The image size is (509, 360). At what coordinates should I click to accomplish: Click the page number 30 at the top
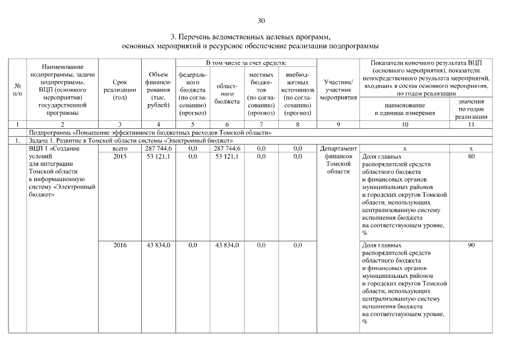coord(261,21)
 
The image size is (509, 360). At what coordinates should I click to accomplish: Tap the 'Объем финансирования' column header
coord(158,90)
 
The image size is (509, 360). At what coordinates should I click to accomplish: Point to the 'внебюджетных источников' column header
coord(298,93)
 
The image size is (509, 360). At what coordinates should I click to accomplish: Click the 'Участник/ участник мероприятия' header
coord(338,90)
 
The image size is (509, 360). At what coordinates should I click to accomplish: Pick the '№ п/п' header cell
coord(18,90)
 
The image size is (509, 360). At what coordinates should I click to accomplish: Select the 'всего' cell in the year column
coord(120,148)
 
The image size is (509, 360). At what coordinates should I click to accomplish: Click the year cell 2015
coord(120,156)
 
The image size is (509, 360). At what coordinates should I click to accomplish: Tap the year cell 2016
coord(120,245)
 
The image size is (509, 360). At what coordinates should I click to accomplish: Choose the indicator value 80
coord(471,156)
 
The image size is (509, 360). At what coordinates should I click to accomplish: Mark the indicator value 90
coord(471,245)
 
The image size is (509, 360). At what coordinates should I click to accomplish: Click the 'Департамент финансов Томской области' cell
coord(338,160)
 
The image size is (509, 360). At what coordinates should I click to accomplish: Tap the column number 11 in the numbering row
coord(471,124)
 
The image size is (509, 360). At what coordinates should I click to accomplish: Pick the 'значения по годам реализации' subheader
coord(471,109)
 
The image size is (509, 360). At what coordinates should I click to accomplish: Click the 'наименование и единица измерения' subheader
coord(404,109)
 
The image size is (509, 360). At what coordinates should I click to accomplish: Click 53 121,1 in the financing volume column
coord(158,156)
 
